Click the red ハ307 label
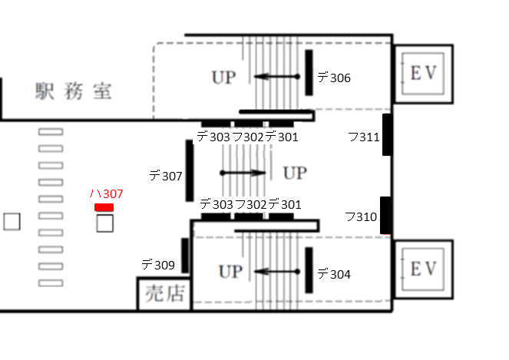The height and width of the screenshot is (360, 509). pyautogui.click(x=106, y=193)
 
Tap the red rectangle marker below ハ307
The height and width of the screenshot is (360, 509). pyautogui.click(x=104, y=207)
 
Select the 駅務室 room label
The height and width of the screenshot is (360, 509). pyautogui.click(x=74, y=91)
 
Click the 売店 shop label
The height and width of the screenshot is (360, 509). pyautogui.click(x=165, y=293)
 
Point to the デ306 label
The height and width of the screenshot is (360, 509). pyautogui.click(x=334, y=78)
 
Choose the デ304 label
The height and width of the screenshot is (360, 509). pyautogui.click(x=334, y=274)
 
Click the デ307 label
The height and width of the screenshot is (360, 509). pyautogui.click(x=166, y=176)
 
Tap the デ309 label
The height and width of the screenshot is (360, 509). pyautogui.click(x=158, y=265)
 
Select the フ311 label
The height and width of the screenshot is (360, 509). pyautogui.click(x=364, y=137)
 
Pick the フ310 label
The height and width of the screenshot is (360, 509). pyautogui.click(x=361, y=216)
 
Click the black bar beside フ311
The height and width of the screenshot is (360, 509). pyautogui.click(x=387, y=135)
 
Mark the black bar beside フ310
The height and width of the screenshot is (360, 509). pyautogui.click(x=385, y=215)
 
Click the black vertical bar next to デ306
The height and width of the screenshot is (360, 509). pyautogui.click(x=309, y=73)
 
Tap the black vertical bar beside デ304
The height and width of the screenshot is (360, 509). pyautogui.click(x=309, y=270)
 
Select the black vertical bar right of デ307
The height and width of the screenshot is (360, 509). pyautogui.click(x=190, y=170)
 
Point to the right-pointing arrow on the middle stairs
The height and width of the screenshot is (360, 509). pyautogui.click(x=243, y=173)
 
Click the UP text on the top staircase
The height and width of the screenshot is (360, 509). pyautogui.click(x=223, y=78)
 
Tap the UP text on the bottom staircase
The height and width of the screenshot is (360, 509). pyautogui.click(x=231, y=272)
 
